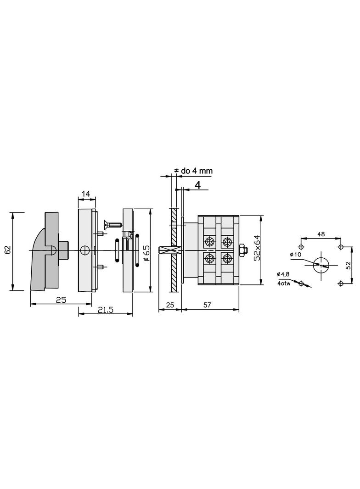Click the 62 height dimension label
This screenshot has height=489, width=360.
pos(8,250)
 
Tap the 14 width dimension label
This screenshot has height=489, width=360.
pos(85,194)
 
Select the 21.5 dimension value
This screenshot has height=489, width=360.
pos(105,310)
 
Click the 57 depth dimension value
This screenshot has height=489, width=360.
pos(207,305)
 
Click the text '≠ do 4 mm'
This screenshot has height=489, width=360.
pos(193,171)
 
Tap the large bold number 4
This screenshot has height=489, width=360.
pos(197,185)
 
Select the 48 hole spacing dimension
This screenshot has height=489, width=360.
pos(321,233)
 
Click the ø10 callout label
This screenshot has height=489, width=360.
pos(295,255)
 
